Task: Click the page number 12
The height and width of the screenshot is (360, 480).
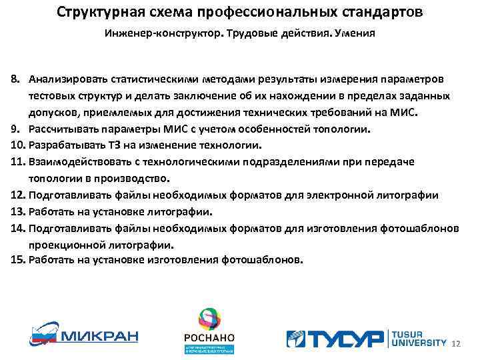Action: tap(456, 343)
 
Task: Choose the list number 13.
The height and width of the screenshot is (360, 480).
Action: tap(17, 212)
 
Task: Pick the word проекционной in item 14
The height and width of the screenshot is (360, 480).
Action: tap(64, 245)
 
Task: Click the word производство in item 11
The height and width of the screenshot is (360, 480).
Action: tap(136, 179)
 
